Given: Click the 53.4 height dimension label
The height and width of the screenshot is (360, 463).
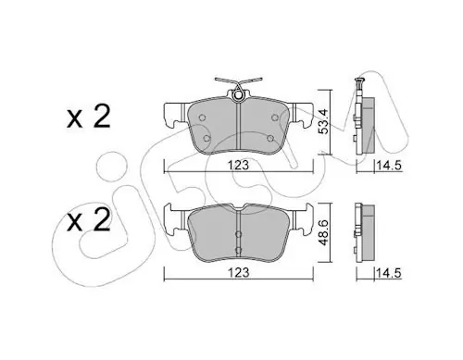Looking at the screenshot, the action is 324,122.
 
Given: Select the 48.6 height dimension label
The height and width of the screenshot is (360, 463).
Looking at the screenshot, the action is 324,233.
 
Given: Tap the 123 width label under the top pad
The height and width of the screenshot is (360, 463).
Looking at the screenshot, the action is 238,166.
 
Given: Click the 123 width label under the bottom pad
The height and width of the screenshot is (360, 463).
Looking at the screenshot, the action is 238,273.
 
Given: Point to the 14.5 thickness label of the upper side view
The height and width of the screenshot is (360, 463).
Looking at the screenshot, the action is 388,166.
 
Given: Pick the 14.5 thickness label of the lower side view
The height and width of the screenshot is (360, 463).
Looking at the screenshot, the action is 388,273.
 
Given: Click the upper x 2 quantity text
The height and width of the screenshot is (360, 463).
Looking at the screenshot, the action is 89,118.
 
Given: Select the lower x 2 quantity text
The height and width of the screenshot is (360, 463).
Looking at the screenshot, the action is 89,220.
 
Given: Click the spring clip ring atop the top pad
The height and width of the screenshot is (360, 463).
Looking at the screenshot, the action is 238,95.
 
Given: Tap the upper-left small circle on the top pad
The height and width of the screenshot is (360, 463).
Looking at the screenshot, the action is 202,118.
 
